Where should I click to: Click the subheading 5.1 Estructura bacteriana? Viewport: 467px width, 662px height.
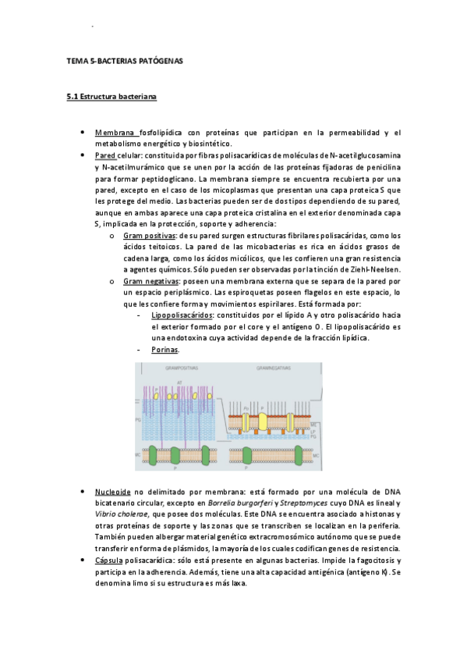point(112,98)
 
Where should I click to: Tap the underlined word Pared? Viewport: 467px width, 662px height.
point(104,155)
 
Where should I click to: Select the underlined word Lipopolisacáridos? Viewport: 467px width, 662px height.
point(182,314)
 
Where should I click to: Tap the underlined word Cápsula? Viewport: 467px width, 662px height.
point(111,561)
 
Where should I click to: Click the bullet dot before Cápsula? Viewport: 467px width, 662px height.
point(83,561)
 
